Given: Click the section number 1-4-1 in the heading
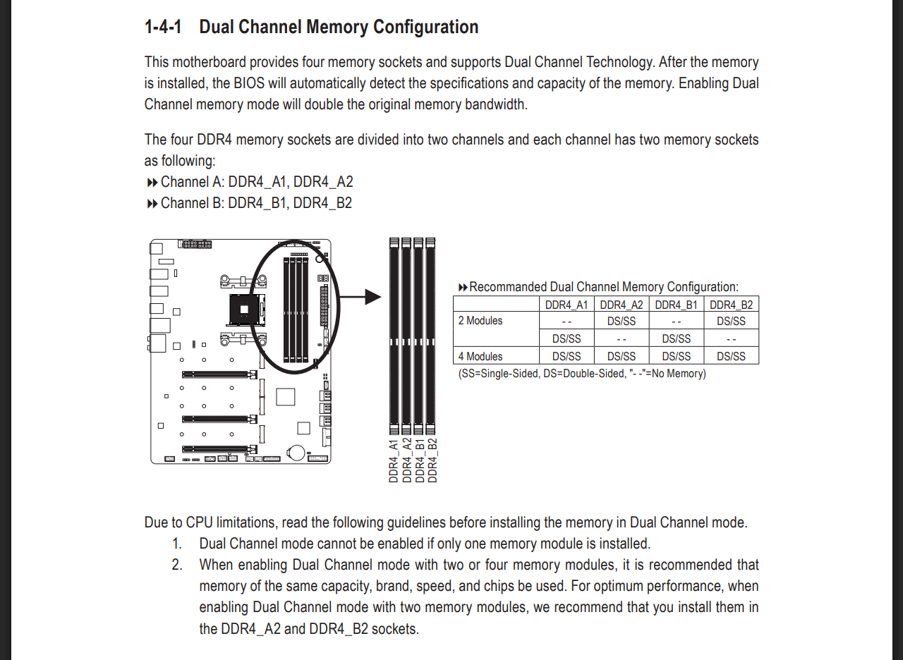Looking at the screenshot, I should click(x=163, y=28).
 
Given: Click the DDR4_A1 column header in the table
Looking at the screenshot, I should click(x=566, y=305).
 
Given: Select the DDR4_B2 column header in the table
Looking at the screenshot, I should click(x=731, y=305).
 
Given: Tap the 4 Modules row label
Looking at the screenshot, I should click(x=480, y=356).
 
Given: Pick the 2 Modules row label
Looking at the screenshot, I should click(x=480, y=321).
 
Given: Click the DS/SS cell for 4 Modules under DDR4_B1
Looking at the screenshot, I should click(x=676, y=356).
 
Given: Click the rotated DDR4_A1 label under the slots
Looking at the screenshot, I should click(x=394, y=460).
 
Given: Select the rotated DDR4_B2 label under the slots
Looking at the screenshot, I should click(x=432, y=460).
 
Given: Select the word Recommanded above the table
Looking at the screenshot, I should click(x=508, y=287).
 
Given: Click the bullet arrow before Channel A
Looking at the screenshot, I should click(x=152, y=183).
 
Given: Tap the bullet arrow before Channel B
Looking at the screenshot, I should click(x=152, y=204).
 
